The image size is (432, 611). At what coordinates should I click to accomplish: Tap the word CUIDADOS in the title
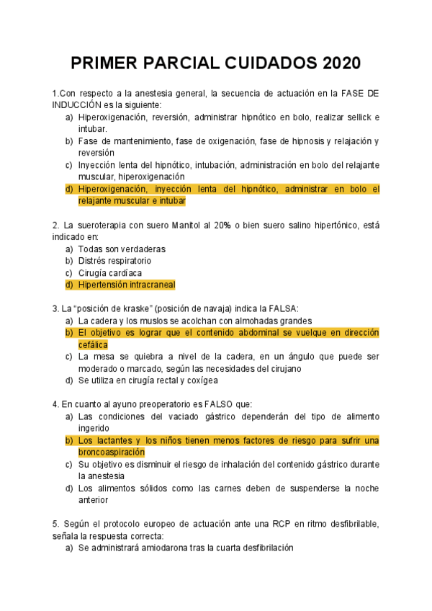265,63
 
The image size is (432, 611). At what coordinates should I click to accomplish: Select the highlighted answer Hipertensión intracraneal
127,285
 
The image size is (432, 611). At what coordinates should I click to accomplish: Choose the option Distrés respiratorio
114,261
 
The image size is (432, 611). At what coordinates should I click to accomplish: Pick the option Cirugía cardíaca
109,273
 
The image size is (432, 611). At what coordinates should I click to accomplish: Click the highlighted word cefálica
93,345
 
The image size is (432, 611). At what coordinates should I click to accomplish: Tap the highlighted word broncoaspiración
112,452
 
